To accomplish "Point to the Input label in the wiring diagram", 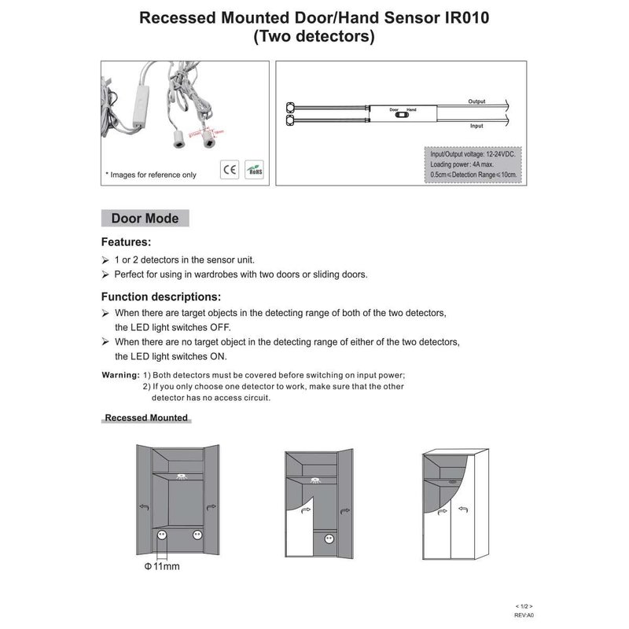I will (476, 126).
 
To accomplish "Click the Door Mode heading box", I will (145, 219).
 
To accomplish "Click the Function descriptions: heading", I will (161, 297).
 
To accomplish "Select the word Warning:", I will (121, 375).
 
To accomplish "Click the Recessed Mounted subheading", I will (145, 417).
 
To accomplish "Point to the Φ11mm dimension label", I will (161, 565).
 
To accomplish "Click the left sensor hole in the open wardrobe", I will (162, 535).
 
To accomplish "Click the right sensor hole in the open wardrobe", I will (196, 535).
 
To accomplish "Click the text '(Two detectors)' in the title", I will (314, 36).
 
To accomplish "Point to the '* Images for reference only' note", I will (151, 175).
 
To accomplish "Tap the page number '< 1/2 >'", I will (524, 607).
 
